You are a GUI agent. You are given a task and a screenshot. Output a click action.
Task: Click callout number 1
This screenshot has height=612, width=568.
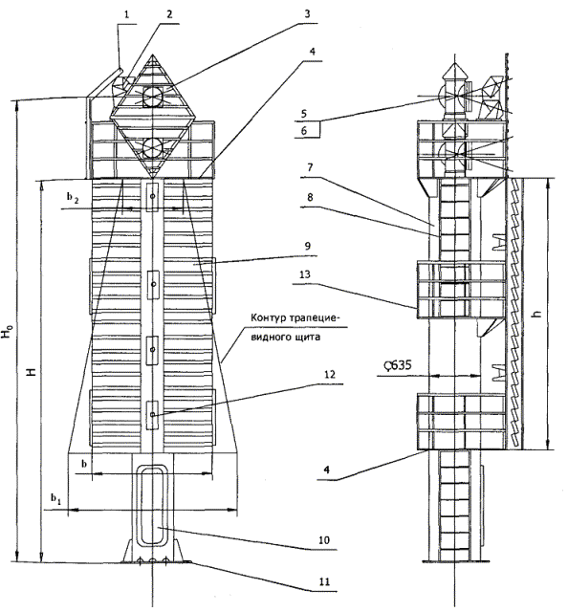tap(126, 14)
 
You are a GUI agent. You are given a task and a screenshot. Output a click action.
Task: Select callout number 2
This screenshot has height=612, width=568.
tap(168, 14)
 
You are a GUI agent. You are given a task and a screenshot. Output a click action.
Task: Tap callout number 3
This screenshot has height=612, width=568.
tap(307, 13)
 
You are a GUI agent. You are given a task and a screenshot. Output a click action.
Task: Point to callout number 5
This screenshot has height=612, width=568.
tap(304, 114)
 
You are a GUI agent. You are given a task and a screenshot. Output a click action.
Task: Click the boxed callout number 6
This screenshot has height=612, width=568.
tap(304, 130)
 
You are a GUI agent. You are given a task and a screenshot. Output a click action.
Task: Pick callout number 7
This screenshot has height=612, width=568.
tap(310, 167)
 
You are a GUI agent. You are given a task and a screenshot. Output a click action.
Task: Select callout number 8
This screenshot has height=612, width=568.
tap(310, 197)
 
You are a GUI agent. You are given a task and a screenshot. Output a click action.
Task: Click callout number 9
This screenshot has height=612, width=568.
tap(308, 246)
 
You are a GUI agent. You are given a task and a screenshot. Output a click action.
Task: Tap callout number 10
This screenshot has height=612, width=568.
tap(324, 540)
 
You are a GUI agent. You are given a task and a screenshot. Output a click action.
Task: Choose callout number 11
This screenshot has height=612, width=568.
tap(324, 582)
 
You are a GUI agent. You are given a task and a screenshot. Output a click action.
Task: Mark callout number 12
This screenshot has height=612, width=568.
tap(330, 374)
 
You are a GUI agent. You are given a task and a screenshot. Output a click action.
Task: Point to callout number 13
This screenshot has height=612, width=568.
tap(305, 274)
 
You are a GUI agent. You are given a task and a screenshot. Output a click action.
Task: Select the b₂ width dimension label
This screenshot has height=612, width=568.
tap(73, 198)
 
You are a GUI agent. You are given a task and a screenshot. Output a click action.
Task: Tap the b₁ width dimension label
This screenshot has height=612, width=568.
tap(55, 498)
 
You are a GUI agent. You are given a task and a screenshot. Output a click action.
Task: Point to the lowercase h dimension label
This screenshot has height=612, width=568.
tap(538, 313)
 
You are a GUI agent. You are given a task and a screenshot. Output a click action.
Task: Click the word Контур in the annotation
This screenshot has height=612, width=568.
tap(269, 317)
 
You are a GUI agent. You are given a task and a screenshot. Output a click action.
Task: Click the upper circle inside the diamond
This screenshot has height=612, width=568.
tap(153, 96)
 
